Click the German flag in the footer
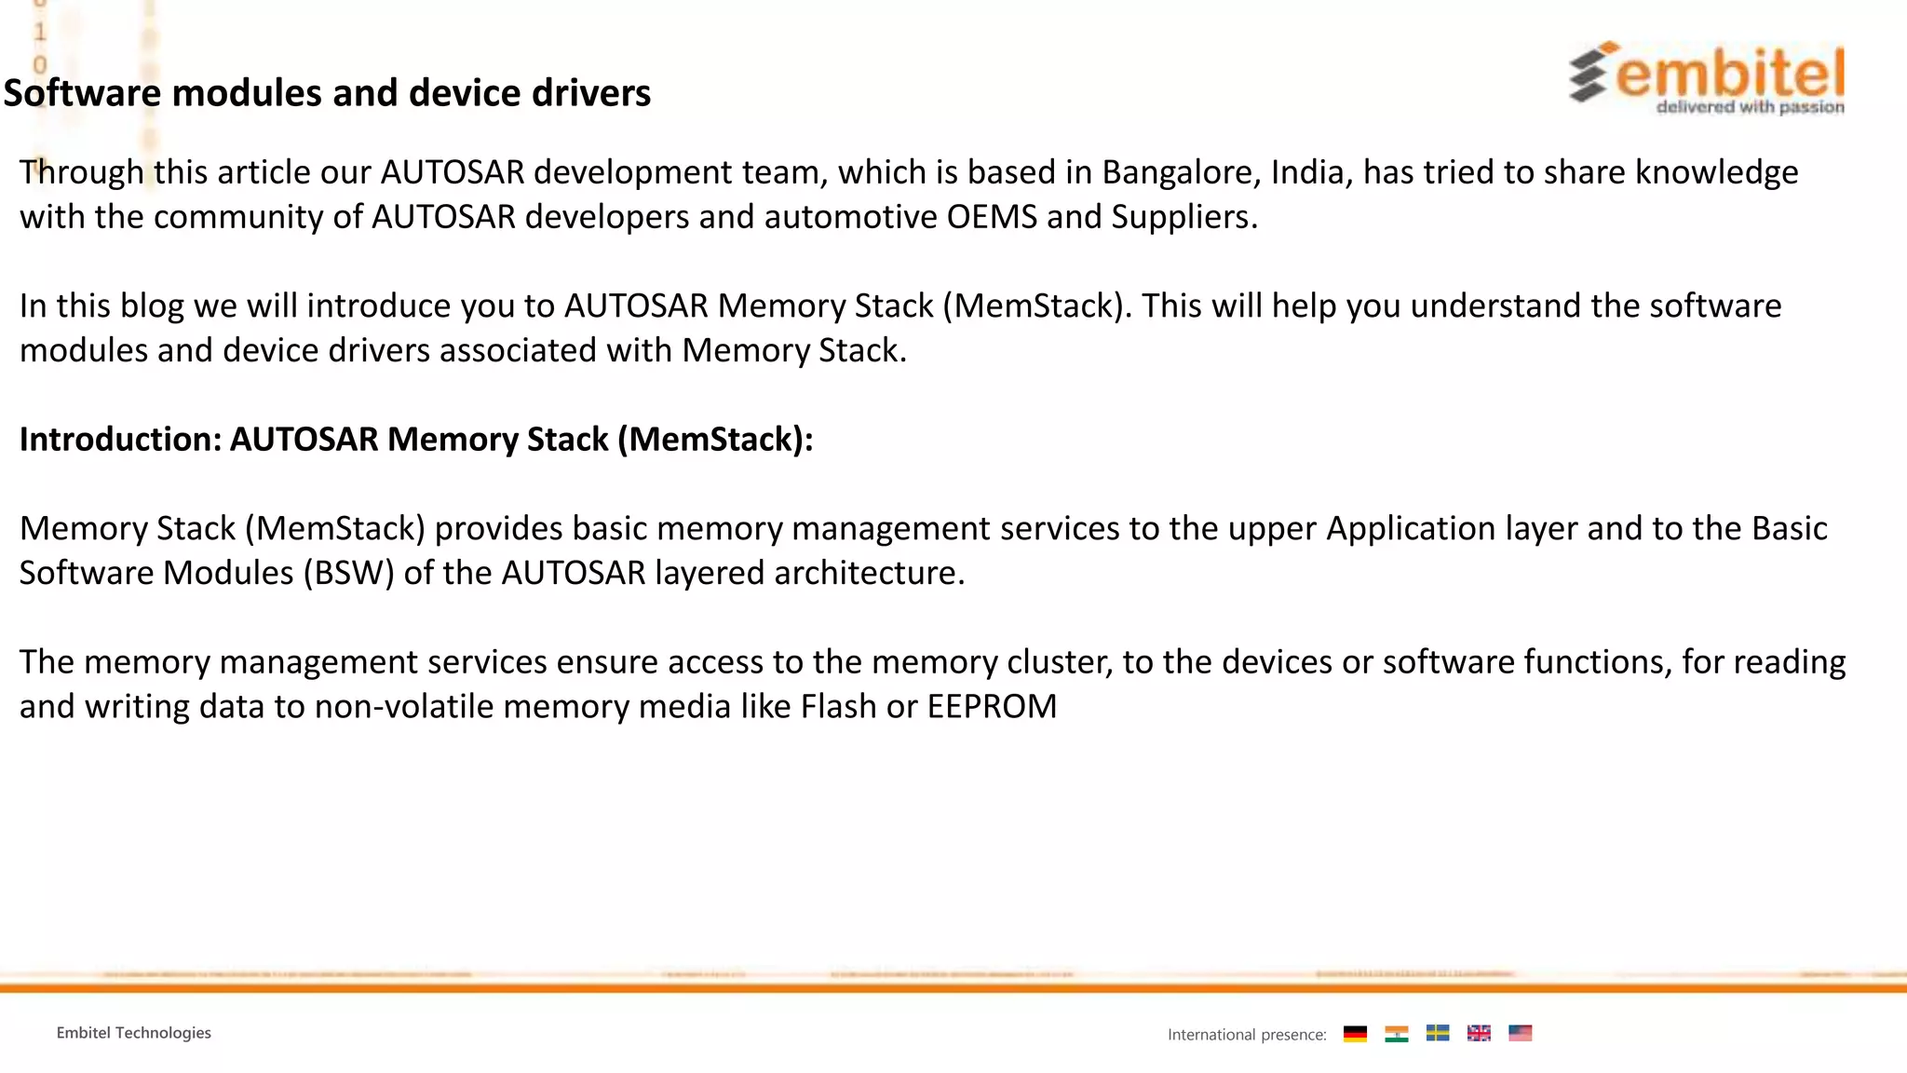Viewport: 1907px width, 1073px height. point(1355,1033)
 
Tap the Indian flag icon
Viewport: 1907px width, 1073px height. point(1396,1033)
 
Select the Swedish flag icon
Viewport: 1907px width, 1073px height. point(1438,1033)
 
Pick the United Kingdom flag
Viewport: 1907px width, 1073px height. point(1479,1033)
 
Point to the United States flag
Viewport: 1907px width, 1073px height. point(1520,1033)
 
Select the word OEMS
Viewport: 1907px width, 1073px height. point(991,217)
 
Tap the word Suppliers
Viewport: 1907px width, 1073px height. point(1183,218)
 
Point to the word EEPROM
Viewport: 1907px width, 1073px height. point(992,707)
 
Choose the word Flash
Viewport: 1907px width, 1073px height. point(838,707)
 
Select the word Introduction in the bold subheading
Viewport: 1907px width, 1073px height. point(120,440)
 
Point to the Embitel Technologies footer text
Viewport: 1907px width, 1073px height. point(133,1033)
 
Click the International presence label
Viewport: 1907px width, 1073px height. point(1247,1035)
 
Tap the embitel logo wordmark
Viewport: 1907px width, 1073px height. point(1729,75)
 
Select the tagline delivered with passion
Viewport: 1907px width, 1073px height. point(1750,107)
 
